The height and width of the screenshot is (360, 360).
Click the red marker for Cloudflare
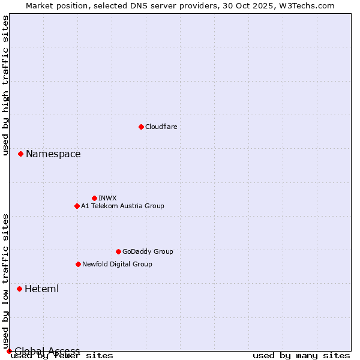[x=141, y=127]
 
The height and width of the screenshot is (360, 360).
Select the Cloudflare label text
[x=161, y=127]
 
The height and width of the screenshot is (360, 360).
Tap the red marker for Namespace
[x=20, y=154]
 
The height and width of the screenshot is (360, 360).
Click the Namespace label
[x=53, y=154]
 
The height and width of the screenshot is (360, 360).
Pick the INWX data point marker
[x=94, y=198]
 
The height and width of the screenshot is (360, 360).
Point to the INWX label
[x=107, y=198]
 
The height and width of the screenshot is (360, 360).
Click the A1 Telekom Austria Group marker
[x=77, y=206]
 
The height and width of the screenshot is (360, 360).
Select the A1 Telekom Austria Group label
[x=122, y=206]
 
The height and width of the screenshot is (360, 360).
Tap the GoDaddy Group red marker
[x=118, y=251]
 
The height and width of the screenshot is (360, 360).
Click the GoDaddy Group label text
[x=147, y=251]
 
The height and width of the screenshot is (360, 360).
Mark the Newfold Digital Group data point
[x=78, y=264]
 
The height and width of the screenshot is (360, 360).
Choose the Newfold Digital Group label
[x=117, y=264]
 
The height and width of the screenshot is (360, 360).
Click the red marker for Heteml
[x=19, y=289]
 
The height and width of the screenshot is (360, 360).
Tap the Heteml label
[x=41, y=289]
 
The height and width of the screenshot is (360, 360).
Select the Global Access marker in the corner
[x=9, y=351]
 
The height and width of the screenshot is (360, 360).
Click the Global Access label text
[x=47, y=351]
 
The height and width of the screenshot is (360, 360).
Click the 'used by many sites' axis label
[x=301, y=356]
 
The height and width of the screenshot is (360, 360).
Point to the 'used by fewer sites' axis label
[x=62, y=356]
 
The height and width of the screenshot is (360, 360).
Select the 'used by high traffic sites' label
[x=6, y=85]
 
